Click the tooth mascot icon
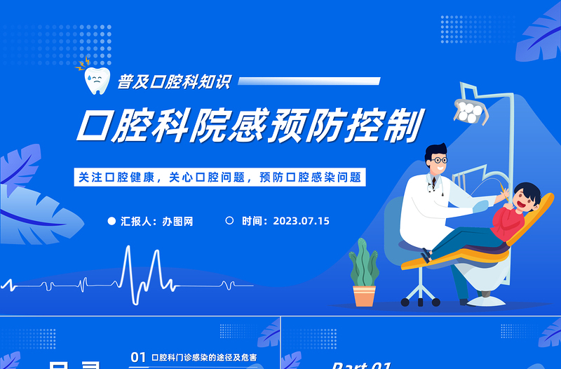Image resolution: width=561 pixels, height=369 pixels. click(x=96, y=80)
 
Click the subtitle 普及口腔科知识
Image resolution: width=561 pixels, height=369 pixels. click(x=173, y=82)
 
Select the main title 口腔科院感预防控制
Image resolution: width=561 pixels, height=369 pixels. click(x=250, y=126)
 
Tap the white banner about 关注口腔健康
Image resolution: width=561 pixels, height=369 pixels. click(x=219, y=177)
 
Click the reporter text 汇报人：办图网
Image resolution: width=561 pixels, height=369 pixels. click(x=156, y=221)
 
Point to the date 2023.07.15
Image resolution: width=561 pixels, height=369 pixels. click(x=301, y=221)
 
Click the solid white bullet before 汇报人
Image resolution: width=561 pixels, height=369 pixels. click(x=111, y=221)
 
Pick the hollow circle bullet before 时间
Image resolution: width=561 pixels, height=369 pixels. click(x=229, y=220)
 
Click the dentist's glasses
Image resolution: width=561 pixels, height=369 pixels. click(x=439, y=160)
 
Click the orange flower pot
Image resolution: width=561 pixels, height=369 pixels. click(x=364, y=295)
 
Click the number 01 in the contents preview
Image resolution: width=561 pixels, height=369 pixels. click(x=138, y=357)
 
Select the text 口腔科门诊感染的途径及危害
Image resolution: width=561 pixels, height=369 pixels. click(x=203, y=357)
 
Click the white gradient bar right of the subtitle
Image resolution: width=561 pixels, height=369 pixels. click(x=309, y=82)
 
